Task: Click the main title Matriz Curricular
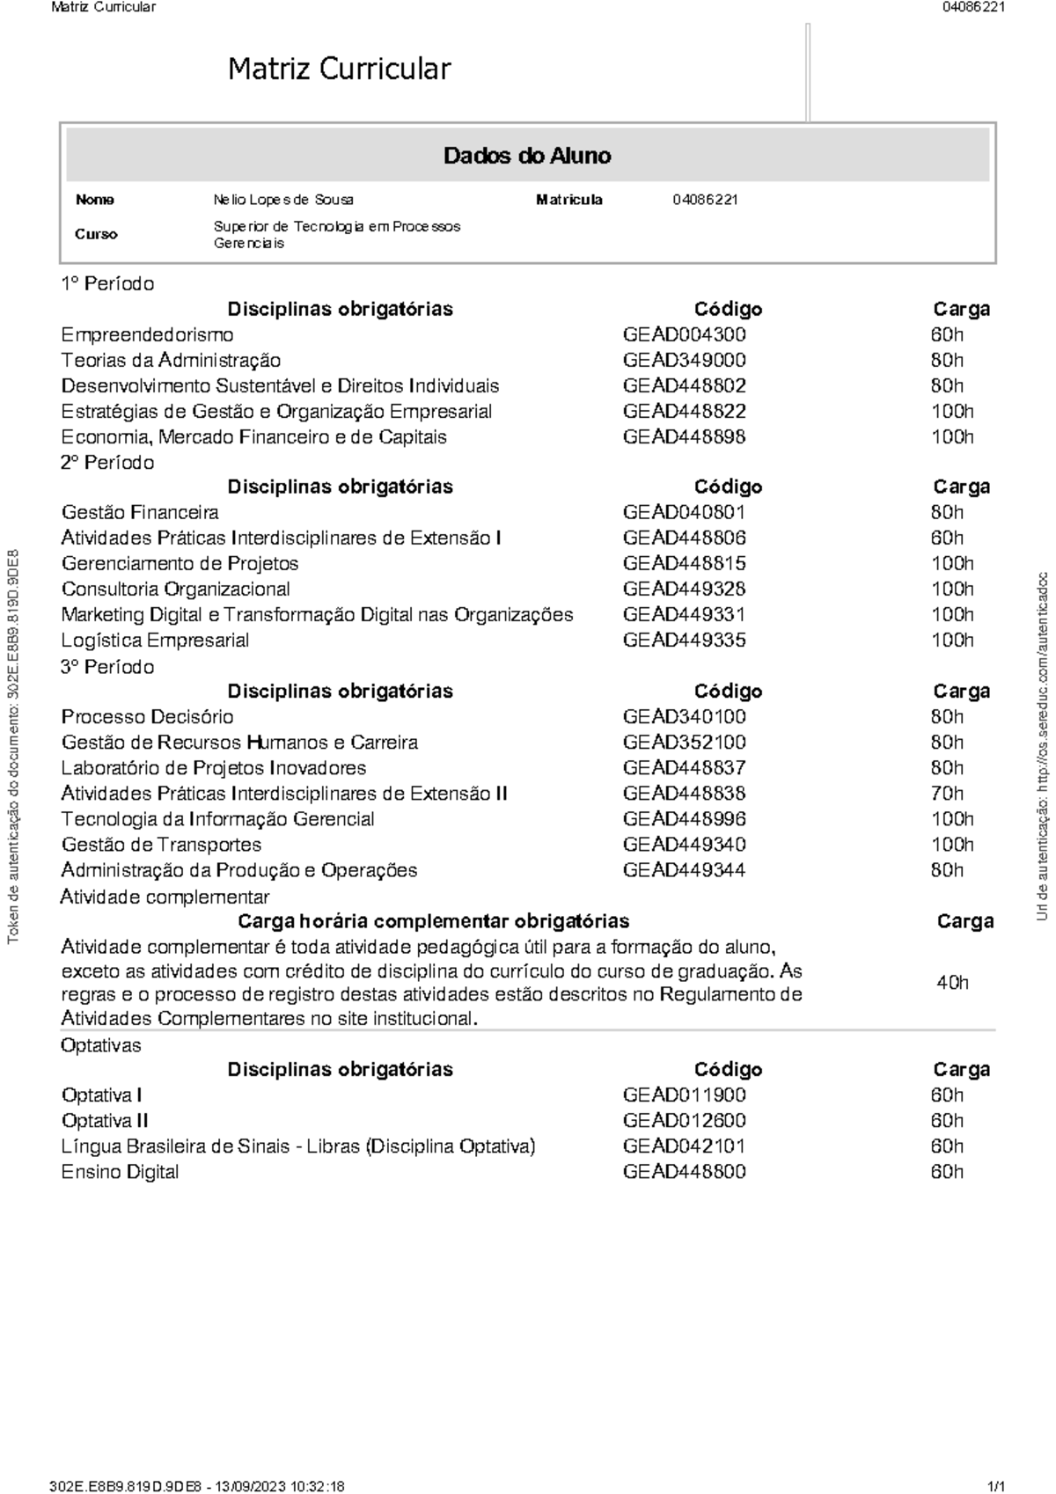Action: [x=339, y=69]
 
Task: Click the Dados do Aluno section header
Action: [x=527, y=156]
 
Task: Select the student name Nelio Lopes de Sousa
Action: [x=283, y=200]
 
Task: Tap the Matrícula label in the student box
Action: [x=568, y=200]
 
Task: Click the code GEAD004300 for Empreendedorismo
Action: [x=684, y=334]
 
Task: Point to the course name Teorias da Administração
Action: [x=171, y=360]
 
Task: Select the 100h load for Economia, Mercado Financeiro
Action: [x=951, y=436]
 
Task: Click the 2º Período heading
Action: [x=107, y=462]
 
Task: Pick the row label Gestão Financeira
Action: [x=140, y=512]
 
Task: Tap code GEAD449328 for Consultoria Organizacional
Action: [x=684, y=589]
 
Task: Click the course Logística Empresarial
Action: [x=155, y=640]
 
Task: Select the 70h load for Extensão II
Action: [x=947, y=793]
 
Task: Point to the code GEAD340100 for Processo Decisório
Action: [x=684, y=716]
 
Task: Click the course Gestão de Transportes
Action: [x=161, y=844]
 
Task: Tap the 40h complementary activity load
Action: [x=951, y=982]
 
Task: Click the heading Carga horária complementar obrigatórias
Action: [x=433, y=921]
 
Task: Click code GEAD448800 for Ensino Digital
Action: [x=684, y=1171]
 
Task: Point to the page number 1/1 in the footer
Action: [x=996, y=1486]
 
